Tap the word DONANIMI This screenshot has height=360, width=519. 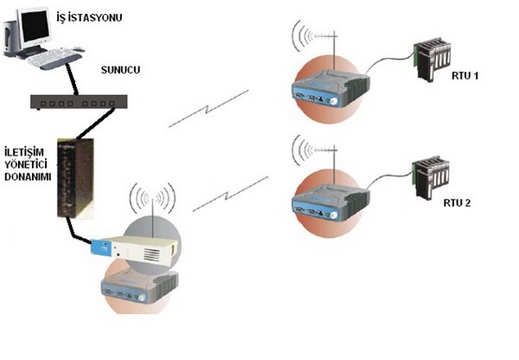tap(27, 176)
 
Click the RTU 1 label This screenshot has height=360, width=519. tap(465, 76)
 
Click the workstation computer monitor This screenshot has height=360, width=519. tap(35, 26)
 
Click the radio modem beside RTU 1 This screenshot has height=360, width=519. tap(329, 86)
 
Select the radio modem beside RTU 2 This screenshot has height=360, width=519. tap(330, 202)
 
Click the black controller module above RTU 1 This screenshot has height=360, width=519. tap(433, 58)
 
